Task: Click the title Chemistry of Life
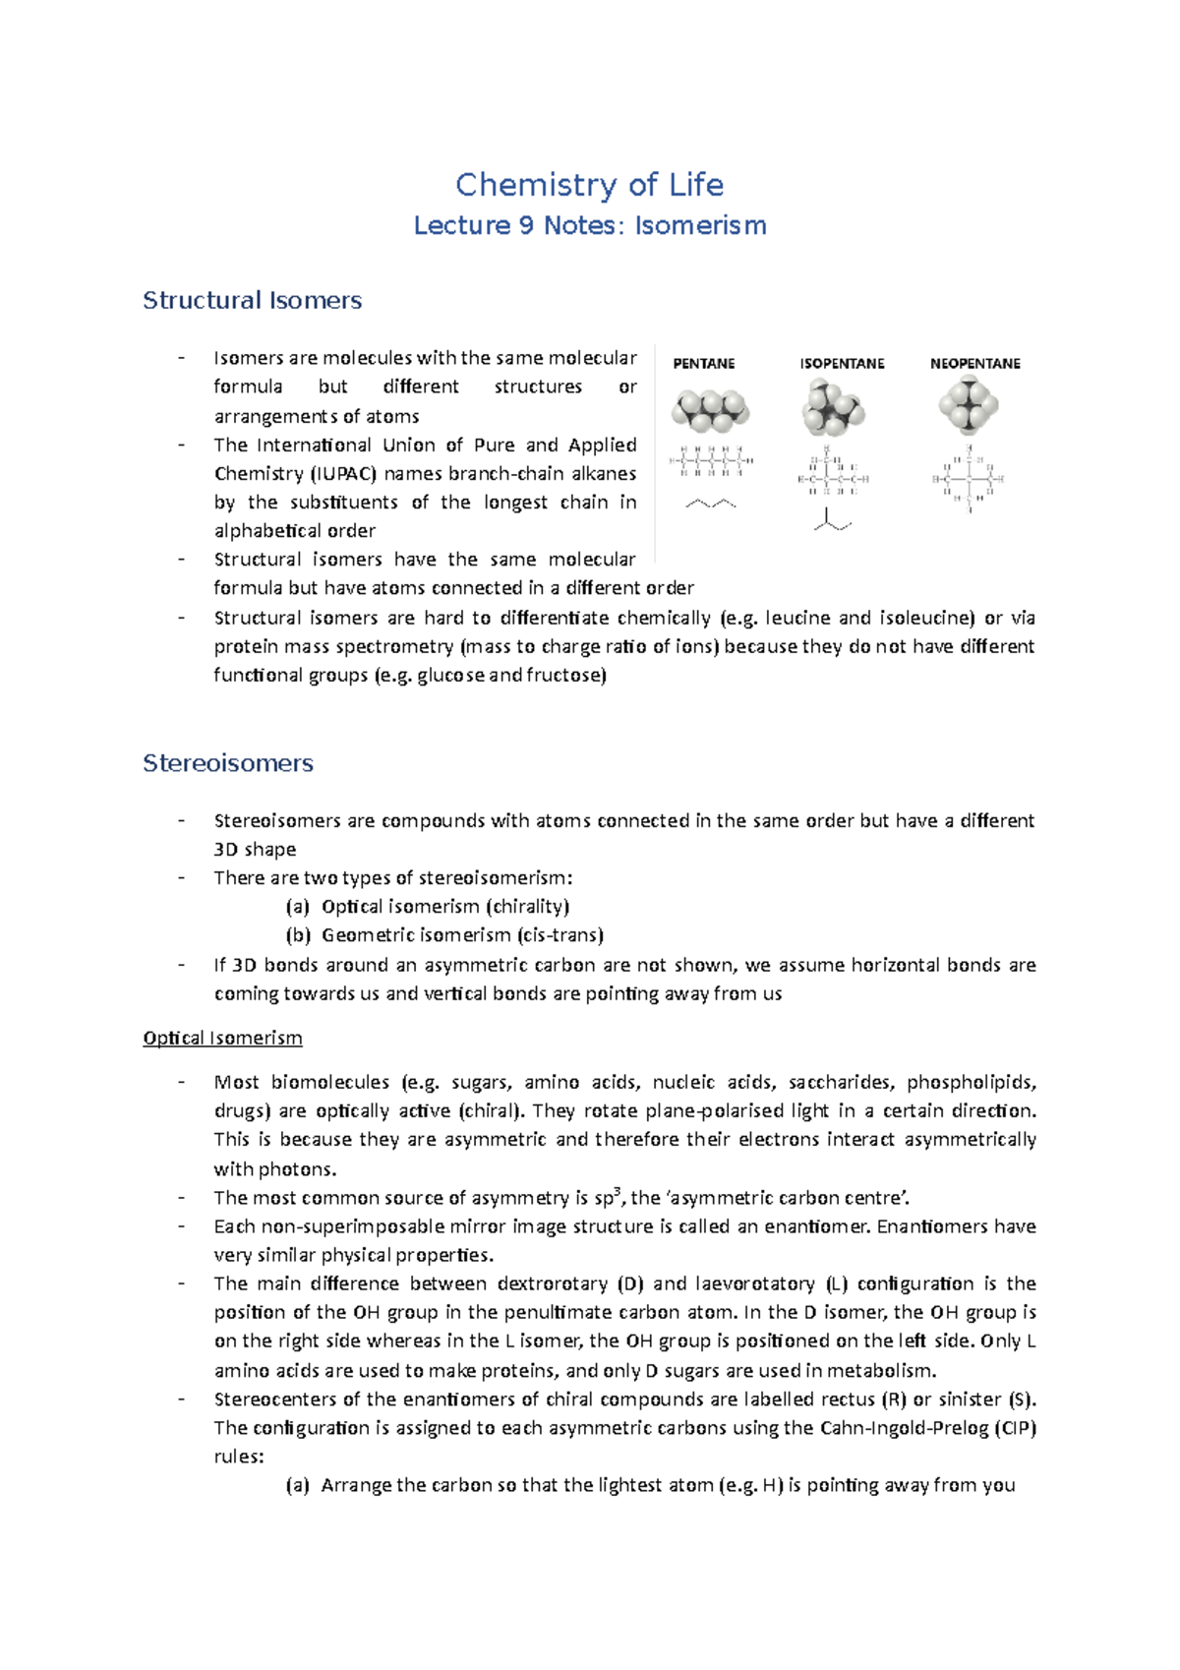(589, 185)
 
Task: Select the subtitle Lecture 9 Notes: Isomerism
(589, 226)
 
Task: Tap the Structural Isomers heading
(252, 301)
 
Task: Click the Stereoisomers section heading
(227, 763)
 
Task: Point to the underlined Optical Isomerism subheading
(222, 1039)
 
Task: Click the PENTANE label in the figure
(703, 364)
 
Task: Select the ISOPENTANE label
(842, 364)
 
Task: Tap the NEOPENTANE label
(974, 364)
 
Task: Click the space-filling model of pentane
(710, 410)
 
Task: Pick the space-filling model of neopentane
(969, 405)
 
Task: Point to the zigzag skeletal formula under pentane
(710, 505)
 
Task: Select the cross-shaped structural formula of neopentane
(969, 480)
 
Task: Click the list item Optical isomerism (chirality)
(445, 907)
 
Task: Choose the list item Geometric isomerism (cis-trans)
(462, 935)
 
